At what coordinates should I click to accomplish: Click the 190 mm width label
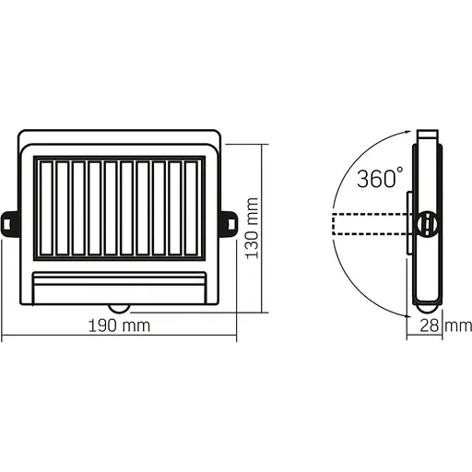click(118, 326)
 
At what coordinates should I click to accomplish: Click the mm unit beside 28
click(458, 326)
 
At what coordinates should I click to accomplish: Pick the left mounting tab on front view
click(10, 222)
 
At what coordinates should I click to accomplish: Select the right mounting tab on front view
click(227, 222)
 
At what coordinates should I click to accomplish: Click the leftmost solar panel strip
click(46, 208)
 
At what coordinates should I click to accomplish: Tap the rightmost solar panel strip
click(191, 208)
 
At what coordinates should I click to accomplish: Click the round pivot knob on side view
click(427, 222)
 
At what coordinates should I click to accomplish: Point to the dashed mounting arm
click(369, 223)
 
